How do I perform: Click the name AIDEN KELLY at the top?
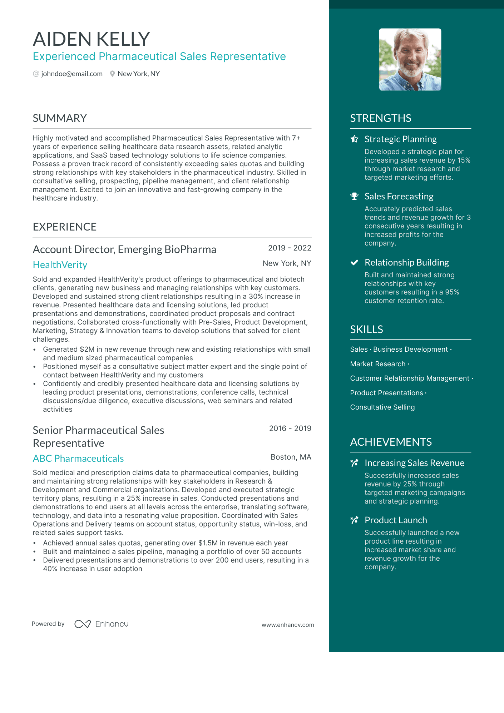[x=91, y=39]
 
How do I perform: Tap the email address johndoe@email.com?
[x=71, y=74]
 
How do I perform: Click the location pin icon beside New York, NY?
[x=112, y=74]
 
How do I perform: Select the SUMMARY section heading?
[x=60, y=118]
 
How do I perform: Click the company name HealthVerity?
[x=60, y=265]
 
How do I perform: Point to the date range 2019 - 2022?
[x=290, y=248]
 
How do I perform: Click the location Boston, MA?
[x=291, y=457]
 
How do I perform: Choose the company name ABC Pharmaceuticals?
[x=78, y=459]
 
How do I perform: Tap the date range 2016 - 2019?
[x=290, y=429]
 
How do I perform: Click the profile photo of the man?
[x=410, y=60]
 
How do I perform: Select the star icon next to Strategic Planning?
[x=354, y=139]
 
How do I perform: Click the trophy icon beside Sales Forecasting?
[x=354, y=196]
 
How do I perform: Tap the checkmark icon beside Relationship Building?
[x=354, y=263]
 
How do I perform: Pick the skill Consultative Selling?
[x=382, y=407]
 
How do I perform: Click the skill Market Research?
[x=378, y=364]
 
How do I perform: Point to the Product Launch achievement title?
[x=396, y=520]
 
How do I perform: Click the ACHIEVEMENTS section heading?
[x=391, y=442]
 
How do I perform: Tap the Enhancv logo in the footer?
[x=102, y=624]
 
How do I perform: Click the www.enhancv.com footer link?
[x=288, y=625]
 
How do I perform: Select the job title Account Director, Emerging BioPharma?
[x=124, y=249]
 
